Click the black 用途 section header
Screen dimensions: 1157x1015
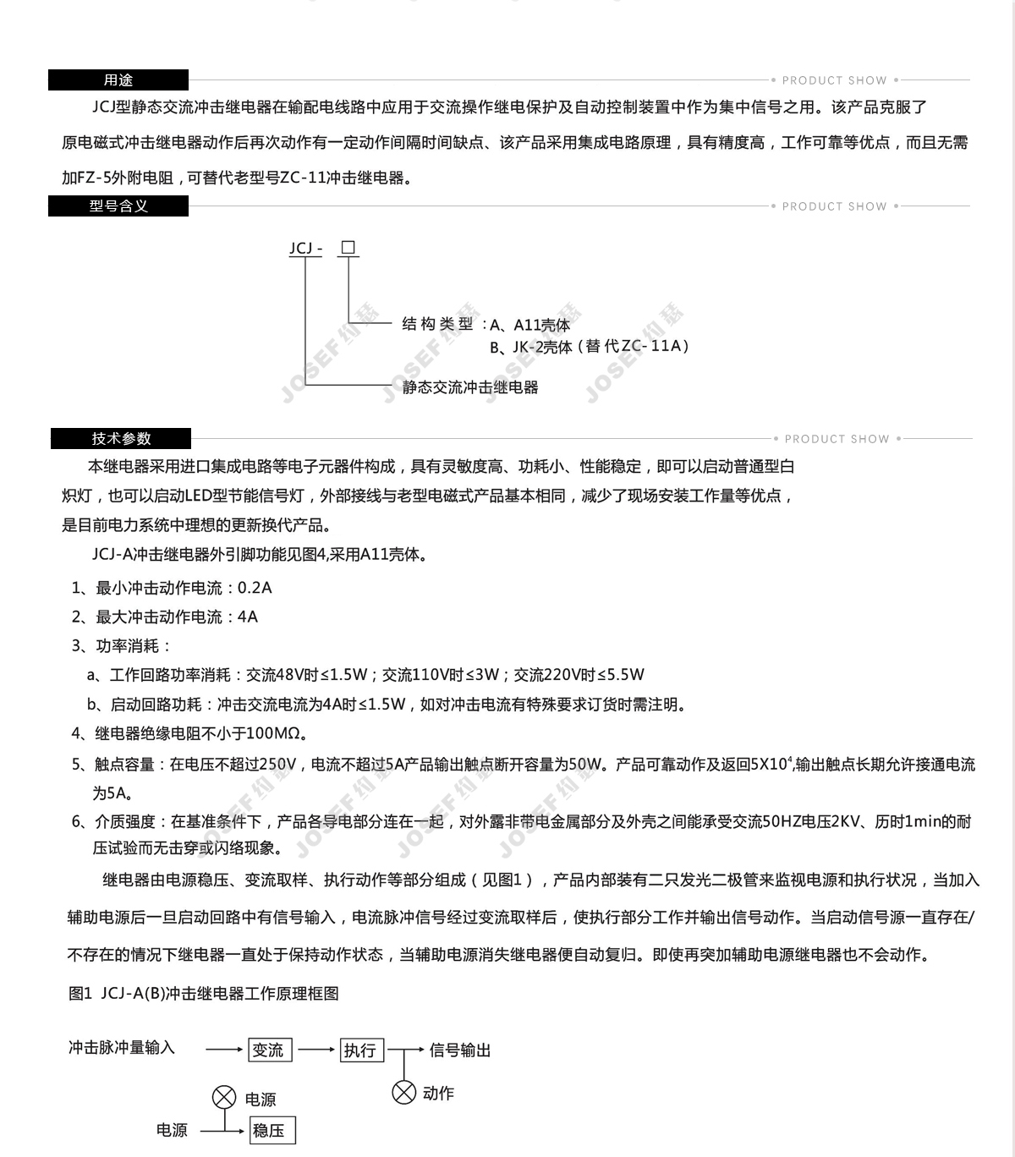click(118, 80)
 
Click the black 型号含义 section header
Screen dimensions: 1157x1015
click(118, 206)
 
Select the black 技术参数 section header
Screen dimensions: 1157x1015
click(121, 438)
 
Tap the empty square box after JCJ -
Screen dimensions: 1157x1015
click(348, 248)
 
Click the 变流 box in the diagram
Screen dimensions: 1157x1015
click(269, 1050)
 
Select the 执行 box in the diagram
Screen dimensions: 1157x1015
click(361, 1050)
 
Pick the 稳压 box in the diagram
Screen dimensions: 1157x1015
click(272, 1130)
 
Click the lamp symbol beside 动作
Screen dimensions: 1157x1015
click(404, 1092)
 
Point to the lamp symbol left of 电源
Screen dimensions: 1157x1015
click(223, 1098)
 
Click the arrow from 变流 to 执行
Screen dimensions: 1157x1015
click(316, 1050)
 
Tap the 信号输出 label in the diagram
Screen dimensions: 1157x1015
click(460, 1050)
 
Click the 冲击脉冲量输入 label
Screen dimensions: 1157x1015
click(122, 1048)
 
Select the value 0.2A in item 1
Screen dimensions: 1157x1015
click(255, 588)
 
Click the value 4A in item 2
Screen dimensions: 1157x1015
click(248, 617)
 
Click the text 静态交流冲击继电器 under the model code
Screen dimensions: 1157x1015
click(470, 387)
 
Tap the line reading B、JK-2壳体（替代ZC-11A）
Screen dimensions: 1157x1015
click(590, 346)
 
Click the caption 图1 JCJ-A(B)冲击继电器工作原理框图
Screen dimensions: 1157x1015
click(204, 994)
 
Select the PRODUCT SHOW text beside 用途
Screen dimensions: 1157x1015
click(834, 80)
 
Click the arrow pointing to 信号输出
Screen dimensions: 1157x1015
click(413, 1050)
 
